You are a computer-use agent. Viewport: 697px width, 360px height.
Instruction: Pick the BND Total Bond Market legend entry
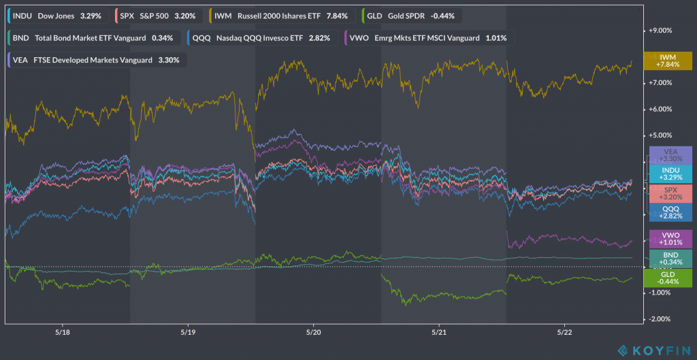tap(91, 37)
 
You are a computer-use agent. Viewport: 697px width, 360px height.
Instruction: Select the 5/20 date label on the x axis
tap(313, 333)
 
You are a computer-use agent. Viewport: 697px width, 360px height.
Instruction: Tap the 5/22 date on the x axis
tap(564, 333)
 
